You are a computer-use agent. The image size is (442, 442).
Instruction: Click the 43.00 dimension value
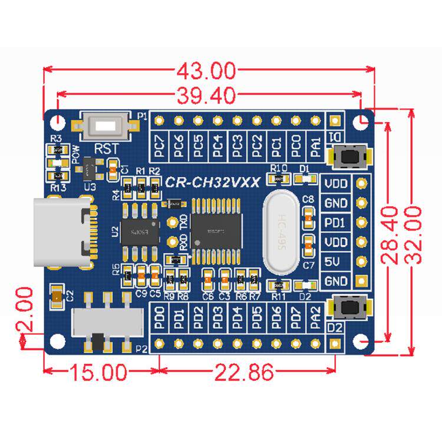click(206, 71)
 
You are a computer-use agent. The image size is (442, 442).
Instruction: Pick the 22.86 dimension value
click(244, 372)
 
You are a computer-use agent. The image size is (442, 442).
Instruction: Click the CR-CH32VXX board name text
click(212, 183)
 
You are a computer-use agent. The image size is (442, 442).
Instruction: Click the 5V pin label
click(336, 262)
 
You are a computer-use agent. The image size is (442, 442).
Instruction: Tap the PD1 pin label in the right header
click(336, 222)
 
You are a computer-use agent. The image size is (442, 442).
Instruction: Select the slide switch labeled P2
click(106, 324)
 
